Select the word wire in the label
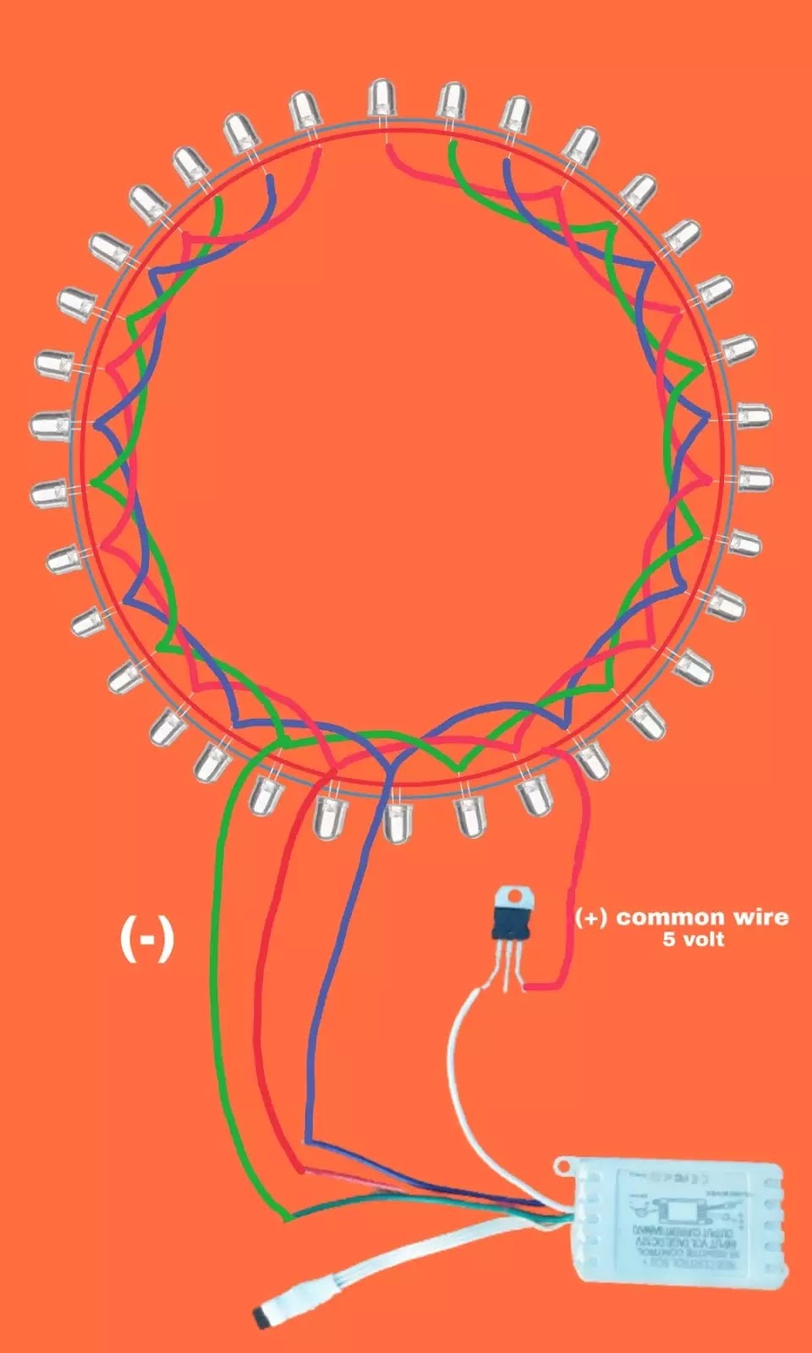point(760,918)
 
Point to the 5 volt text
point(693,939)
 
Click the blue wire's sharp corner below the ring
point(306,1141)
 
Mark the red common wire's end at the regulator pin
point(529,986)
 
